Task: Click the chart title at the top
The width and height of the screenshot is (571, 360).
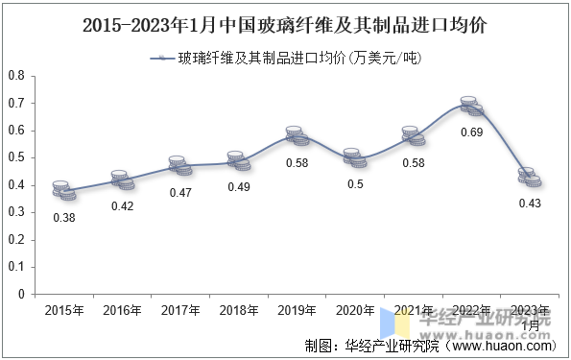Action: pyautogui.click(x=285, y=26)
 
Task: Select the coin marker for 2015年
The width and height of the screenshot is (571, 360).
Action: pyautogui.click(x=63, y=190)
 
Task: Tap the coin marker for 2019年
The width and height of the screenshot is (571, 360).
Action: pyautogui.click(x=298, y=135)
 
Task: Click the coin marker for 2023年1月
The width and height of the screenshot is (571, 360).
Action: pyautogui.click(x=529, y=177)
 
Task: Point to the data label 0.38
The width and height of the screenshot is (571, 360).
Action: pyautogui.click(x=63, y=218)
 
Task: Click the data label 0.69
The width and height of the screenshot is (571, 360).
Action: pyautogui.click(x=470, y=132)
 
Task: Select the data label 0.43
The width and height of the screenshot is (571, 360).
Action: pyautogui.click(x=529, y=204)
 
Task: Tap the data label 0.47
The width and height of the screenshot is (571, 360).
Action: pyautogui.click(x=180, y=193)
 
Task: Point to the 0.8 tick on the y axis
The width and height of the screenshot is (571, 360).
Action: pyautogui.click(x=16, y=76)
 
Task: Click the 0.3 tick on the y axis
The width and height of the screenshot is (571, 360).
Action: pyautogui.click(x=16, y=212)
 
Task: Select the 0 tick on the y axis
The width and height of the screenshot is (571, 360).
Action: pyautogui.click(x=21, y=295)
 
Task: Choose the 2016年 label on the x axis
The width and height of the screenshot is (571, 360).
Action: pyautogui.click(x=122, y=310)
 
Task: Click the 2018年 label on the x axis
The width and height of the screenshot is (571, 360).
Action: pyautogui.click(x=239, y=310)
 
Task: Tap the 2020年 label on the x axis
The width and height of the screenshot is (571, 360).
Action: pyautogui.click(x=356, y=310)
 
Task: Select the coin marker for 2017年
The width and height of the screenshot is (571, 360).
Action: pyautogui.click(x=180, y=166)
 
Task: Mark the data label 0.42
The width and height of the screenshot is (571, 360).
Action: pyautogui.click(x=122, y=206)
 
